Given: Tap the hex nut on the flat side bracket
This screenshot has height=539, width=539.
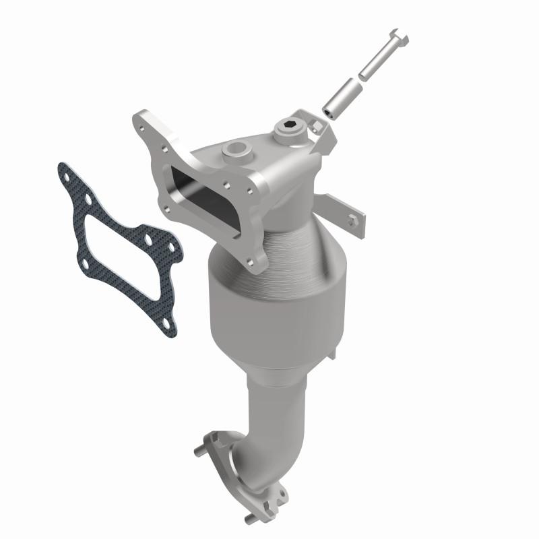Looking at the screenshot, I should tap(352, 220).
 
